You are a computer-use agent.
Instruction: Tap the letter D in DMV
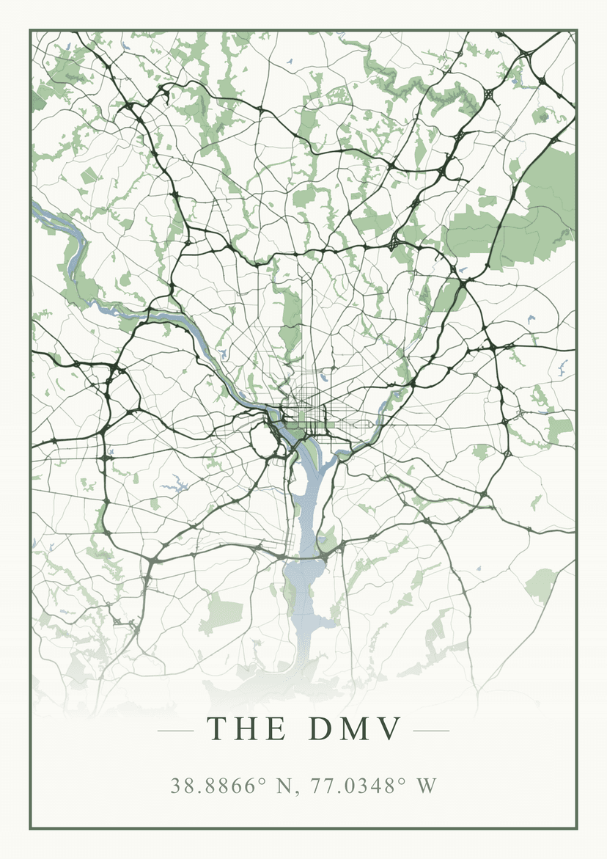[321, 728]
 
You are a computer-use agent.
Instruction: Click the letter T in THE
[217, 728]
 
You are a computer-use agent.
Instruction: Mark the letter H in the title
[247, 728]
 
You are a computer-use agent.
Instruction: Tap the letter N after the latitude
[283, 786]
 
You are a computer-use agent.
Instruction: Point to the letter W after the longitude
[427, 786]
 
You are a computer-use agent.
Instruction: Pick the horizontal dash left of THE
[175, 731]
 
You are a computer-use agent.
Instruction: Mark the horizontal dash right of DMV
[431, 731]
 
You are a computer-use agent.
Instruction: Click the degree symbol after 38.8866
[262, 781]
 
